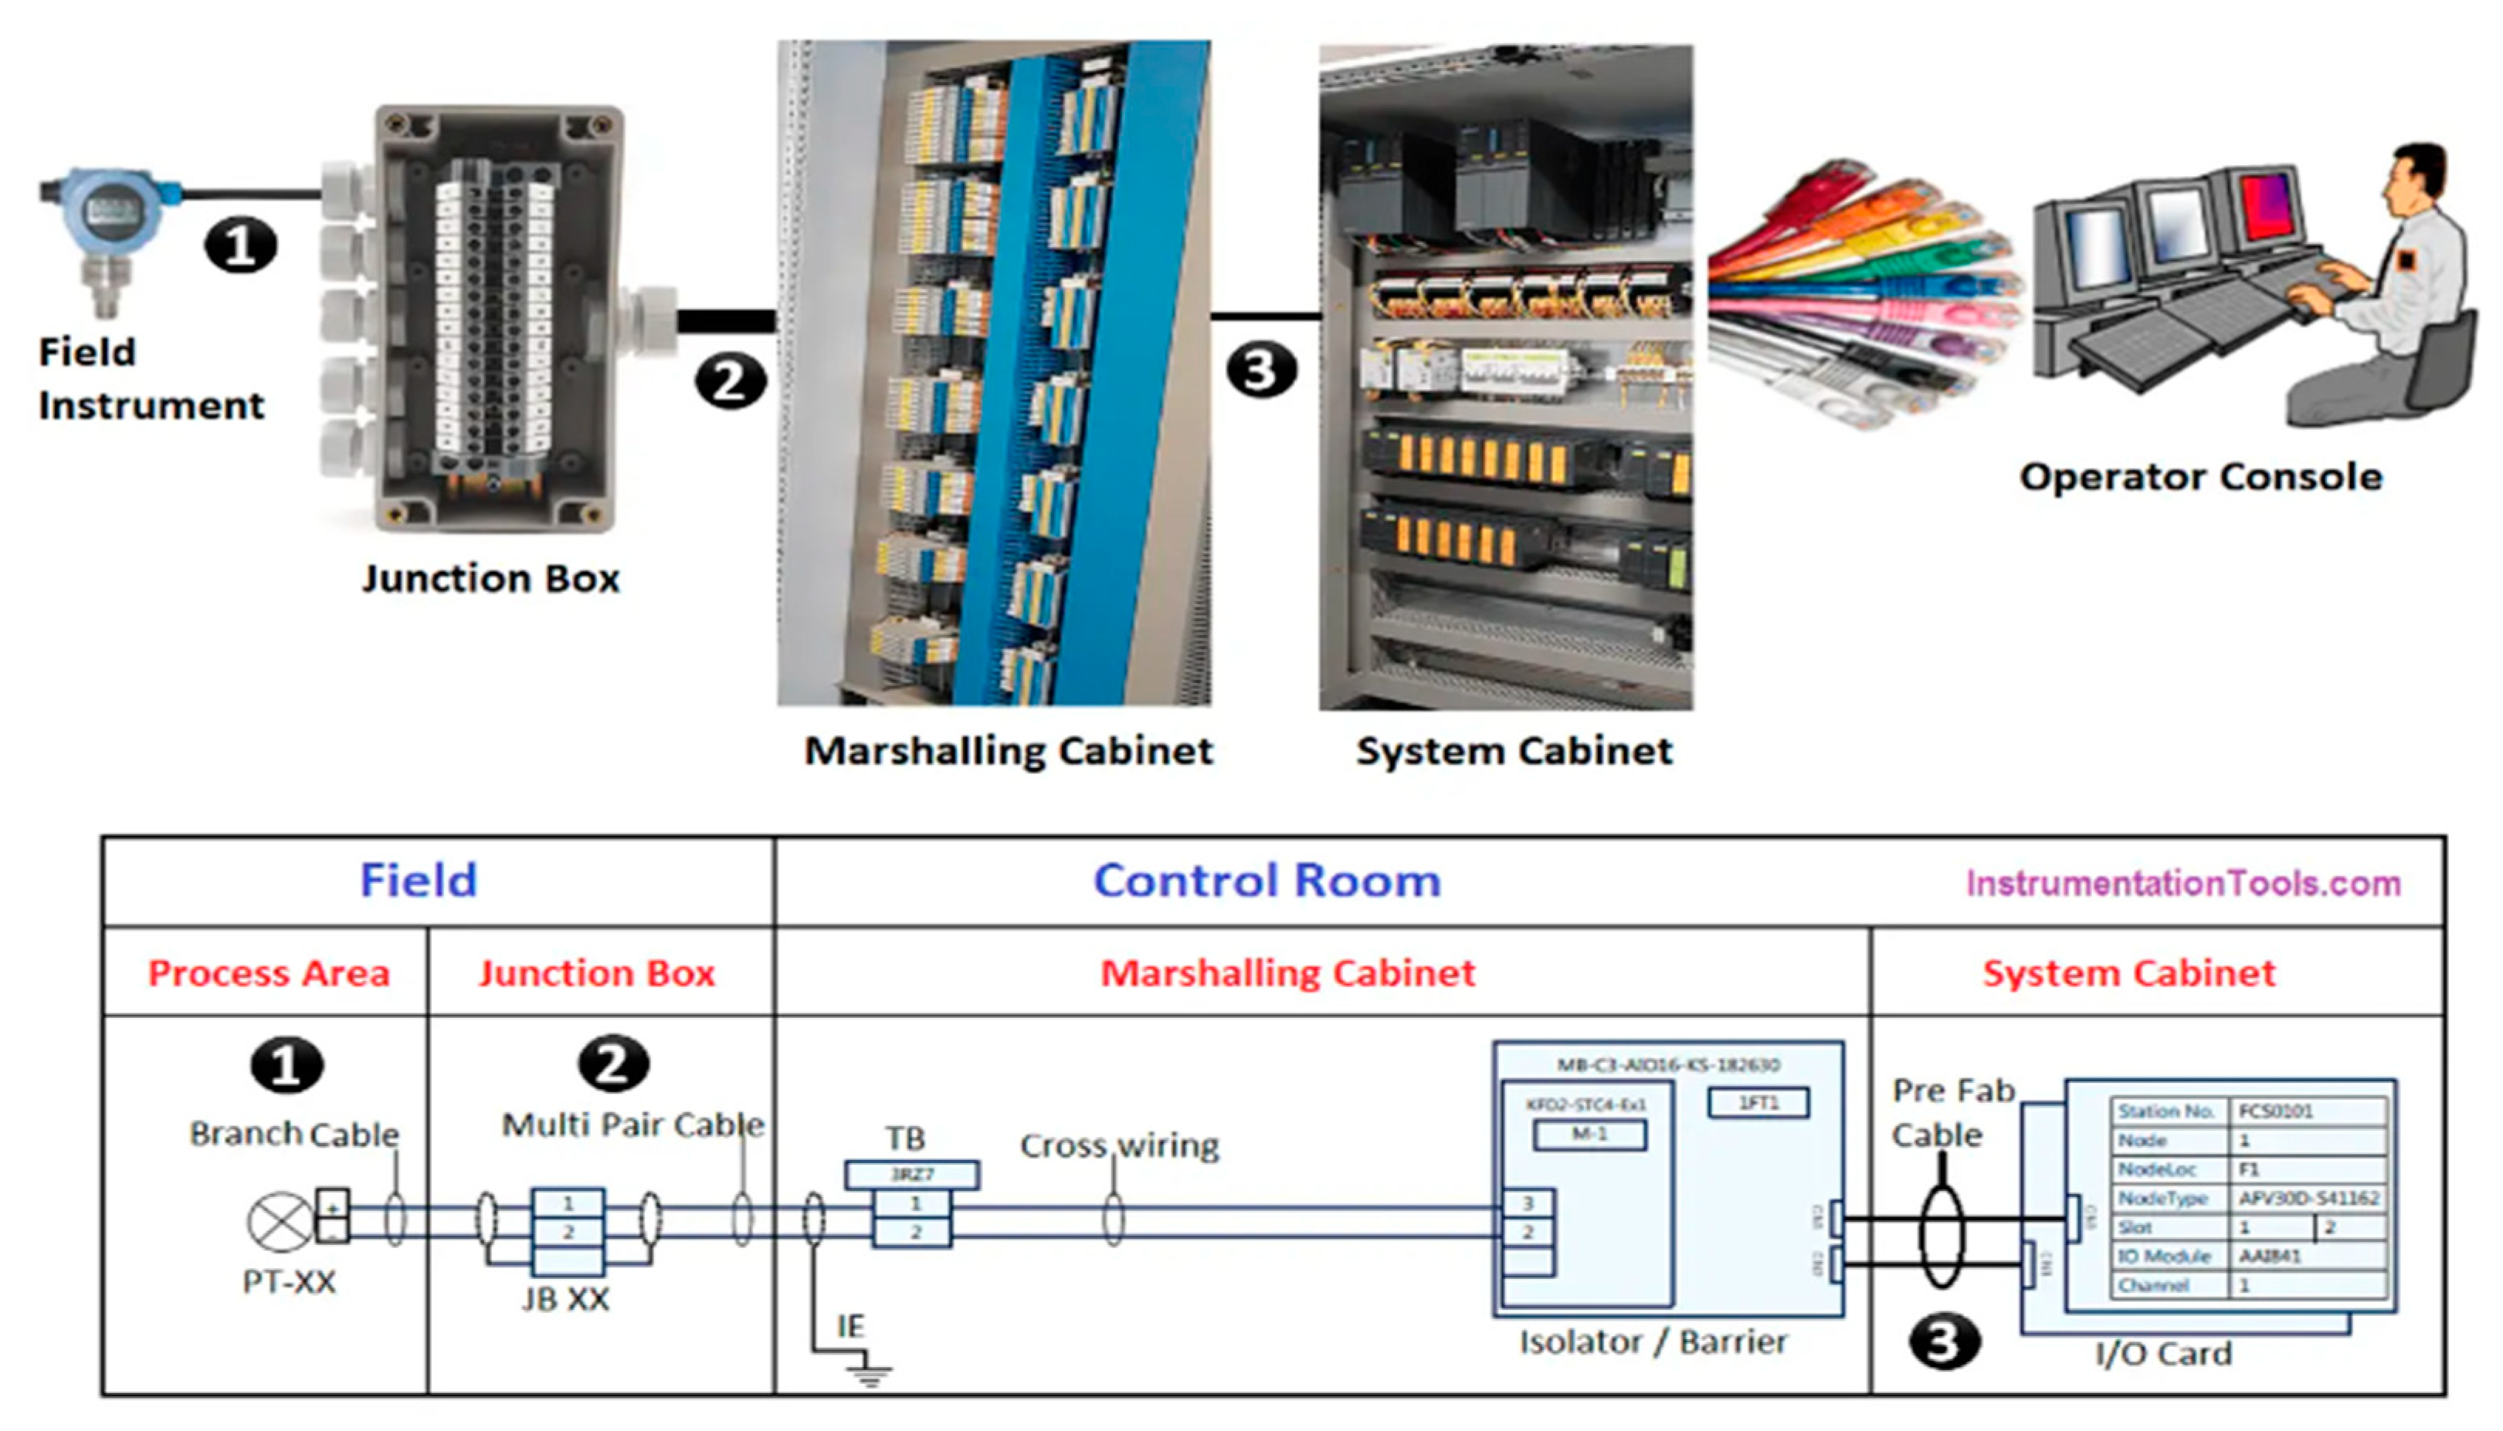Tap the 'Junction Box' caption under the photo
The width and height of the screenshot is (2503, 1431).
click(x=490, y=579)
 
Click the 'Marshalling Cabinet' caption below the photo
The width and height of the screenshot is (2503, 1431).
click(x=1009, y=751)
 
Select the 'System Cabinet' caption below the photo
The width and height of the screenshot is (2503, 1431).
click(x=1514, y=751)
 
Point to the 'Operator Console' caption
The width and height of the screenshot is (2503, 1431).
click(x=2200, y=478)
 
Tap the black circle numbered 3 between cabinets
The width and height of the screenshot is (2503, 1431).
click(x=1260, y=371)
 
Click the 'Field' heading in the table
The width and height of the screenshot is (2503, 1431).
click(x=419, y=881)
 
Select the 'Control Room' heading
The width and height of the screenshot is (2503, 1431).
click(x=1267, y=881)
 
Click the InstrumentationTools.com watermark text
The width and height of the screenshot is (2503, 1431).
click(x=2182, y=884)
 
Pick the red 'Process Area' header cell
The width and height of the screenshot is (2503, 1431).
click(x=269, y=973)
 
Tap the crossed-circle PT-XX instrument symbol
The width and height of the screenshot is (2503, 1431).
click(x=280, y=1223)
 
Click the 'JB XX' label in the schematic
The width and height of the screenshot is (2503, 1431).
click(x=565, y=1299)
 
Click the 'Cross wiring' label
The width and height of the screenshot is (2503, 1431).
click(x=1119, y=1146)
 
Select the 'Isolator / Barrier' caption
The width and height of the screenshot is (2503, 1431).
click(x=1653, y=1342)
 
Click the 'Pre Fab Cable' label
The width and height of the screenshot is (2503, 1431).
click(x=1952, y=1112)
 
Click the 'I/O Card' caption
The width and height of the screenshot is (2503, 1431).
click(x=2163, y=1355)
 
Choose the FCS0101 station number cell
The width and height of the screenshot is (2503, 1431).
click(x=2276, y=1111)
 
